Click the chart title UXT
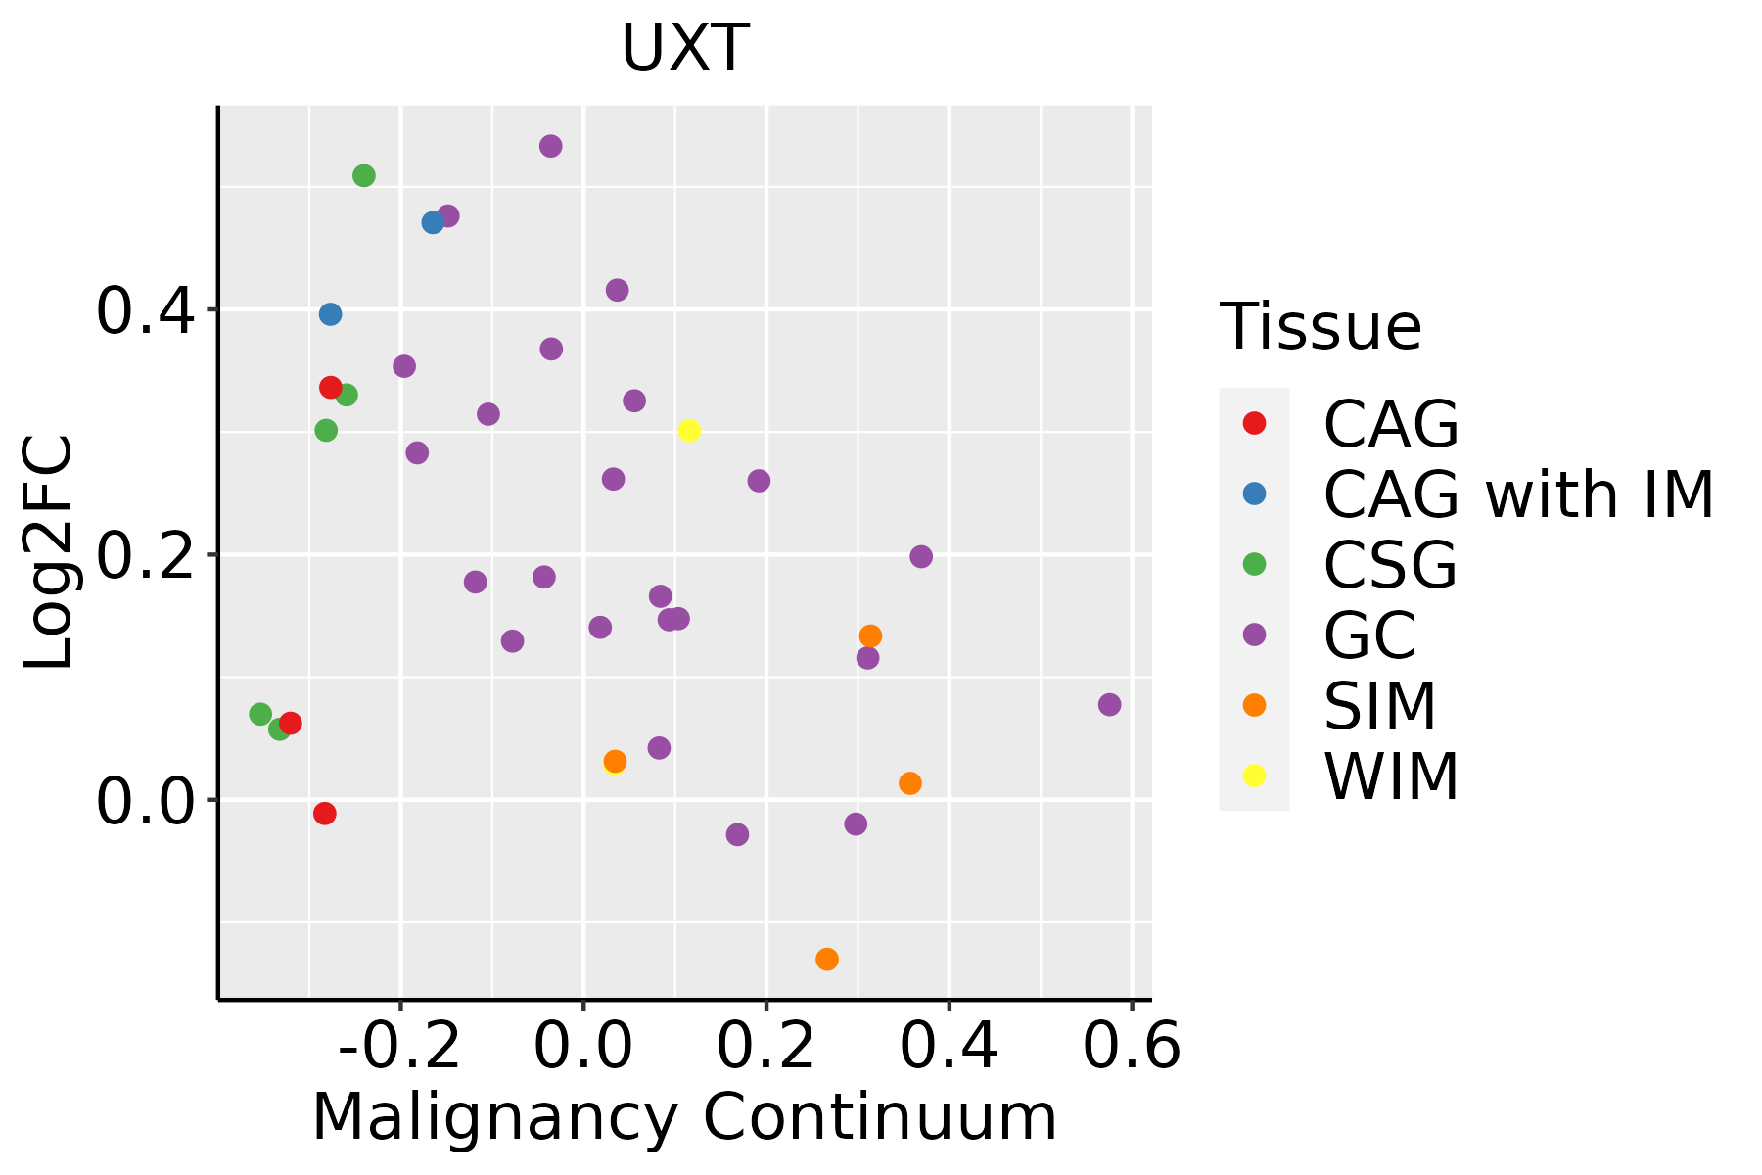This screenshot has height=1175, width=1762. click(x=685, y=47)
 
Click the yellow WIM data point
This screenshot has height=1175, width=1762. click(x=689, y=431)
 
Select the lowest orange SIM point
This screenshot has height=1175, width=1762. click(x=827, y=959)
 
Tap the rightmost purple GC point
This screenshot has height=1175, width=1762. click(x=1109, y=705)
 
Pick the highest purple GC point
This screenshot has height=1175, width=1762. click(x=551, y=146)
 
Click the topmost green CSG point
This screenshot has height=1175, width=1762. click(x=364, y=176)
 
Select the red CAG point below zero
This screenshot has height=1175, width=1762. click(x=325, y=814)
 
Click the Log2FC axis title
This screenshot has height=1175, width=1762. click(x=49, y=553)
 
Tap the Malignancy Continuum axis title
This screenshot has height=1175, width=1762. click(x=684, y=1117)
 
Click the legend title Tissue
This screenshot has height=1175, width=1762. click(x=1321, y=327)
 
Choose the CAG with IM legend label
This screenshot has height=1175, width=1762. click(x=1518, y=494)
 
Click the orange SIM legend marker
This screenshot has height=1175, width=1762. click(x=1254, y=705)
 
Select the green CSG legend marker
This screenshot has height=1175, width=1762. click(x=1254, y=564)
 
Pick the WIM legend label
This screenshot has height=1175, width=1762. click(x=1391, y=777)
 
